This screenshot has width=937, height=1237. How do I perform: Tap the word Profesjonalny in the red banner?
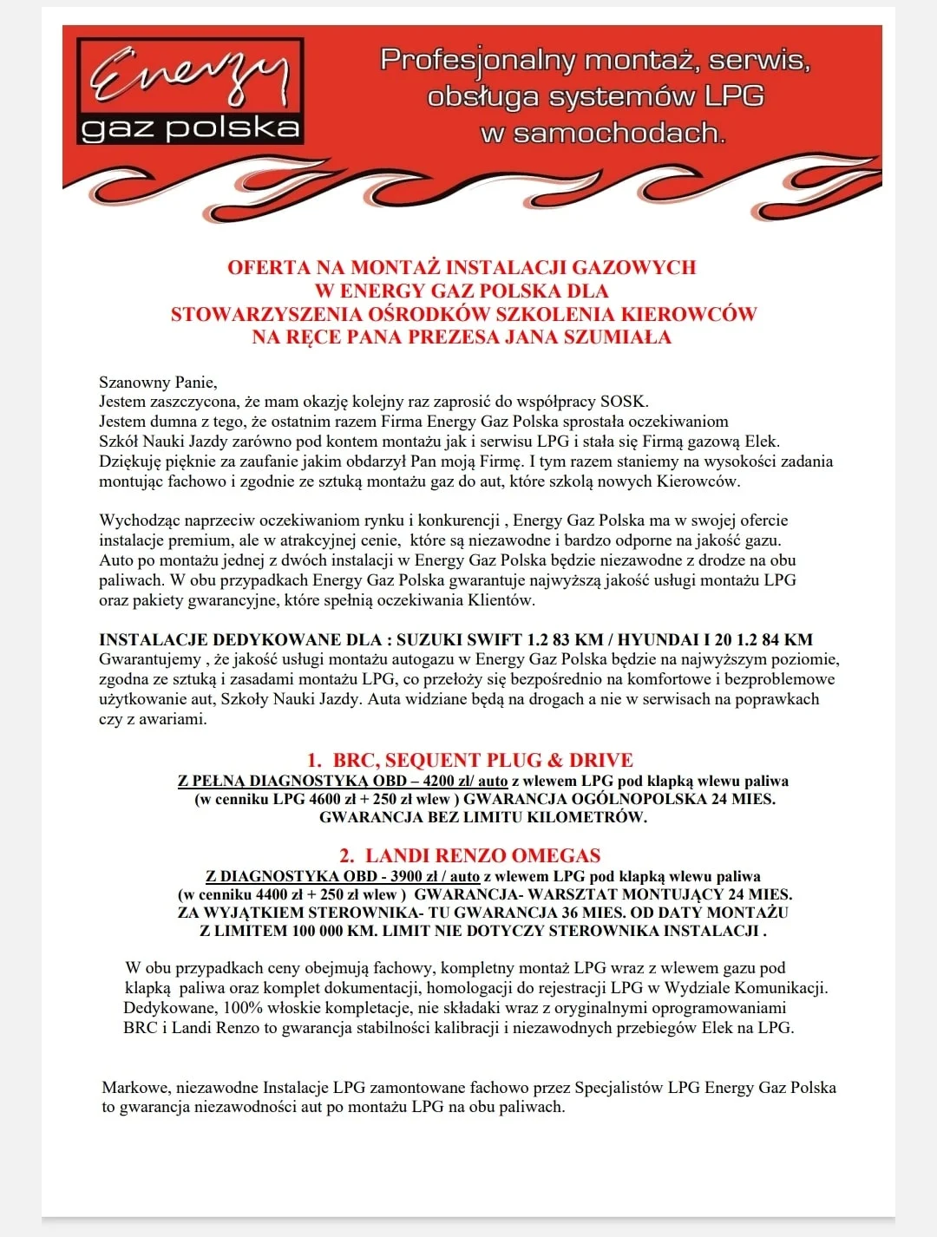tap(477, 60)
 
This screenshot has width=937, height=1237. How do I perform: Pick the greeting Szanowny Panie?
tap(158, 382)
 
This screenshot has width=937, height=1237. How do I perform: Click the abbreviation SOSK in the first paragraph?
tap(624, 402)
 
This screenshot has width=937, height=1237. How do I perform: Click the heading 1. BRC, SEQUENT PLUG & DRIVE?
tap(469, 760)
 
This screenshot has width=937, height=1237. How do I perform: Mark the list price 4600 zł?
tap(337, 799)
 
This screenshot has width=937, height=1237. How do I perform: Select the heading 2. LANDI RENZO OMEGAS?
tap(469, 855)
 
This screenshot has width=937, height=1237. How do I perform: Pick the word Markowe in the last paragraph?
tap(135, 1088)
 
